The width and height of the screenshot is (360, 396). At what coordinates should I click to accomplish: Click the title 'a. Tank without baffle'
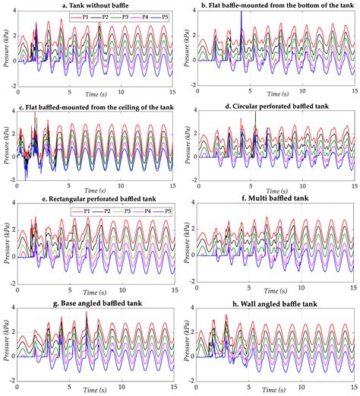(93, 5)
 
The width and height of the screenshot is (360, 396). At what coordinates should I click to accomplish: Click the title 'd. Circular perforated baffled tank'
(272, 105)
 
